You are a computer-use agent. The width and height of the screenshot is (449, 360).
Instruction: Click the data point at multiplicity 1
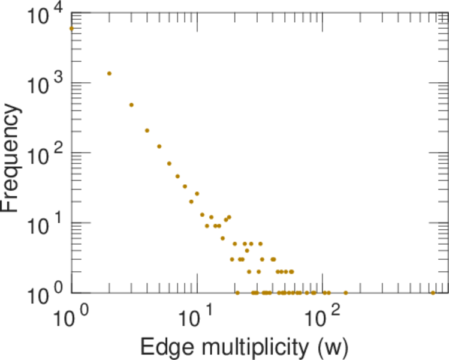pyautogui.click(x=71, y=28)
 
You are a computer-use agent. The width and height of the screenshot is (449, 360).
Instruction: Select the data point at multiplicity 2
pyautogui.click(x=109, y=73)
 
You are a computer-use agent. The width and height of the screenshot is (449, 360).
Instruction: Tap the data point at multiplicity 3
pyautogui.click(x=131, y=105)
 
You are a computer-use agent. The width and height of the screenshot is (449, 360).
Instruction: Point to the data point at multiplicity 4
pyautogui.click(x=147, y=130)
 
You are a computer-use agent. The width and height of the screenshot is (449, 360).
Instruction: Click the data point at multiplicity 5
pyautogui.click(x=159, y=146)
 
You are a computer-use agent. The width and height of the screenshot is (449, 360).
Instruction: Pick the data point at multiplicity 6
pyautogui.click(x=169, y=163)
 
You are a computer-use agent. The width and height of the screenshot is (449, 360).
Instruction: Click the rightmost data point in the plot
pyautogui.click(x=433, y=293)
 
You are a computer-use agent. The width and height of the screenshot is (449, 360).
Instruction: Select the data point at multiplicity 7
pyautogui.click(x=177, y=176)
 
